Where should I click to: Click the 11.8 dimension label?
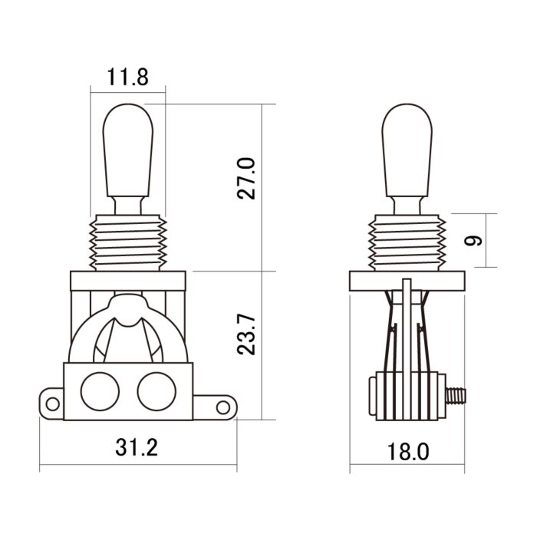point(127,77)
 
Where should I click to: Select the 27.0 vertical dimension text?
point(245,177)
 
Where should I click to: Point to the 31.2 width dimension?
point(138,447)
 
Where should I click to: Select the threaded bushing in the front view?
point(128,242)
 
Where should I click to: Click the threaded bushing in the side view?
point(407,242)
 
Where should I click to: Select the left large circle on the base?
point(100,391)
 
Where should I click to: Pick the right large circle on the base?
point(156,391)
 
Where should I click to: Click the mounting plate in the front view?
point(128,281)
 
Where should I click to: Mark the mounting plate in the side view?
point(407,281)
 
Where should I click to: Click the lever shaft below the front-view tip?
point(128,205)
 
